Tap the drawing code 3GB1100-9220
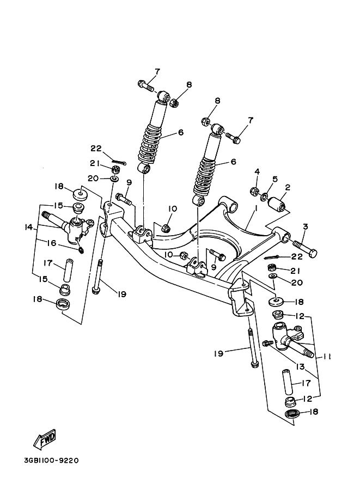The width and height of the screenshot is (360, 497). click(52, 460)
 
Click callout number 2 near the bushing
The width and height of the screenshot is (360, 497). click(288, 188)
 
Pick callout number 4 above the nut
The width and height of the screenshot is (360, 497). click(257, 173)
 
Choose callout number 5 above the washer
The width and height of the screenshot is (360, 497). click(274, 179)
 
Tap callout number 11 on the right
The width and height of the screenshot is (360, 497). click(327, 357)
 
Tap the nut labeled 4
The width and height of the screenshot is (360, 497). click(254, 191)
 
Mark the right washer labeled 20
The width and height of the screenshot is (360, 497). click(273, 277)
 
